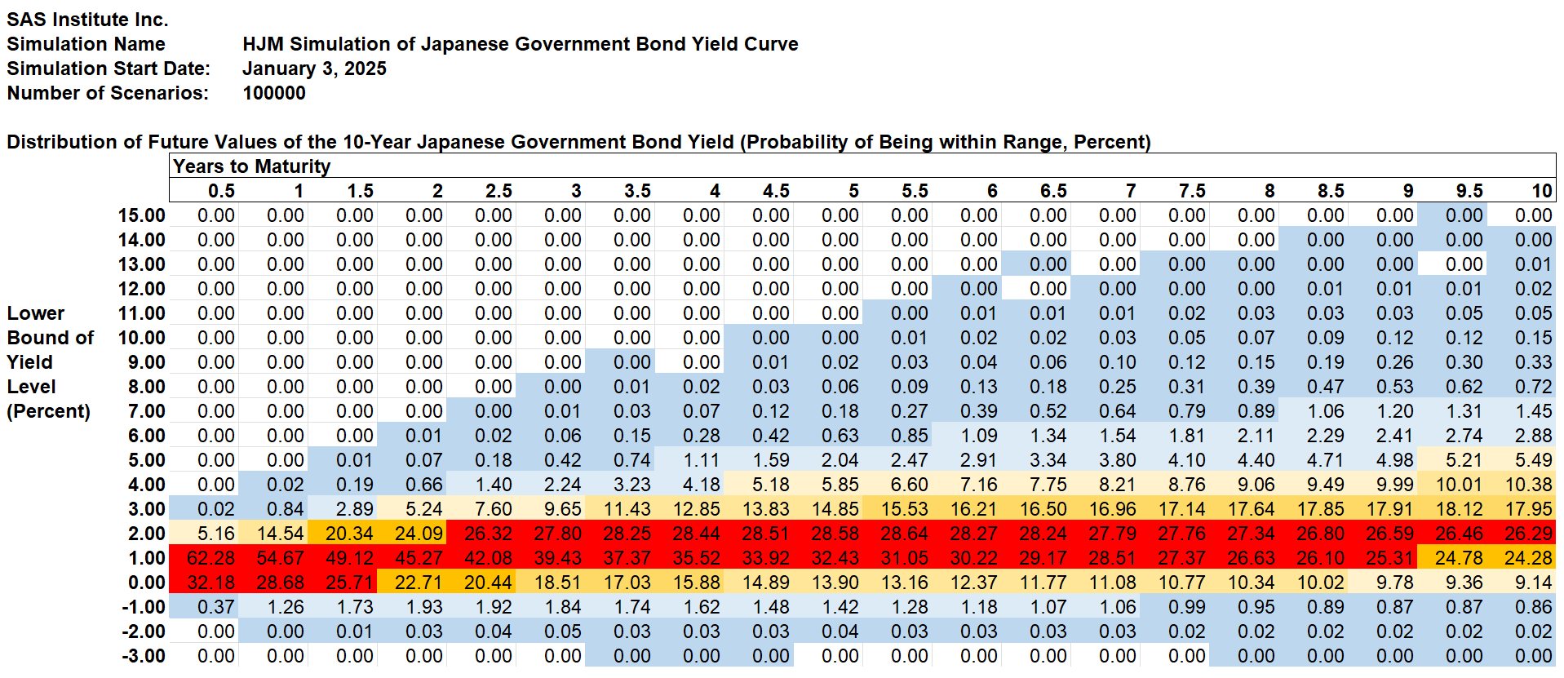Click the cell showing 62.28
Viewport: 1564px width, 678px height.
210,558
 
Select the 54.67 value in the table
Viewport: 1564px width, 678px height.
280,558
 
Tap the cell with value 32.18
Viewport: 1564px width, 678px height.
210,583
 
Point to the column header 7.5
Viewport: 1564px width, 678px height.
1192,191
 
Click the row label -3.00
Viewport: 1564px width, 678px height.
143,656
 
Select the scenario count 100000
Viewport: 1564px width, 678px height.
274,93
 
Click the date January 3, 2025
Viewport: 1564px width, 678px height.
314,69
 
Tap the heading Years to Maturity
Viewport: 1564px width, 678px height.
251,166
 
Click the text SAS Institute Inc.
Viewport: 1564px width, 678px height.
87,20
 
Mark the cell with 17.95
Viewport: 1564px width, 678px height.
1528,509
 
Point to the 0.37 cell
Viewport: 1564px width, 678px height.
215,607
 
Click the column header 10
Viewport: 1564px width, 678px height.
1541,191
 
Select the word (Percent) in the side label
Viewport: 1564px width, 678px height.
48,411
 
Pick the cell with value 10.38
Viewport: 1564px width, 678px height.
1528,485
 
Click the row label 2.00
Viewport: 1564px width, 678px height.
147,534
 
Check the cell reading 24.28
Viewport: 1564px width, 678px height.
1528,558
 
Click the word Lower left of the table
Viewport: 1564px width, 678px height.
36,313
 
